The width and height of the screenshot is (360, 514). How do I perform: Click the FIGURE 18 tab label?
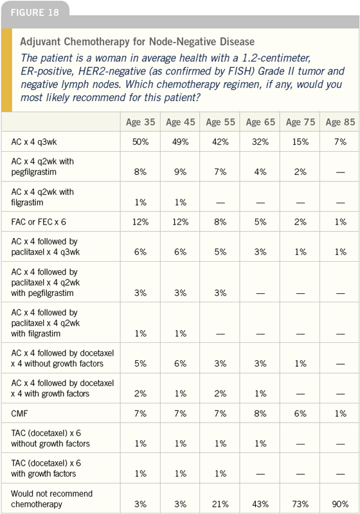coord(35,12)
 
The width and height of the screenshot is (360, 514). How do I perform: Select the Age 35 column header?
coord(141,122)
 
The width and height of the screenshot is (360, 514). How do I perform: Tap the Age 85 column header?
coord(340,122)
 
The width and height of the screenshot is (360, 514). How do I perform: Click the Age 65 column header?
coord(260,122)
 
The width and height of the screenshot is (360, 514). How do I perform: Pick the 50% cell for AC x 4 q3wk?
coord(141,142)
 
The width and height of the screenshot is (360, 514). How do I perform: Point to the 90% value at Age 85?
coord(340,504)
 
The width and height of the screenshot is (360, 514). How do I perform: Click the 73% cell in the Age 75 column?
coord(300,504)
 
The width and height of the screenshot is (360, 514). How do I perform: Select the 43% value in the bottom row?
coord(260,504)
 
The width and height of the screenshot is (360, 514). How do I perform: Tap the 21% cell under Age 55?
coord(221,504)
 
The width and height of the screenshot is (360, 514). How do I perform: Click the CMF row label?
coord(19,414)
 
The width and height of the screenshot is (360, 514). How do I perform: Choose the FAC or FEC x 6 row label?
coord(39,222)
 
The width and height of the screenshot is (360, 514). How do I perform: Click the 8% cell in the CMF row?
coord(260,414)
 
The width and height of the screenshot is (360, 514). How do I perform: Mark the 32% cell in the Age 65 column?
coord(260,142)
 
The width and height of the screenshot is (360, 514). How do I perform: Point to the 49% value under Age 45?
coord(181,142)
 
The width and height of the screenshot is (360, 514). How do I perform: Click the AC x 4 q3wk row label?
coord(33,142)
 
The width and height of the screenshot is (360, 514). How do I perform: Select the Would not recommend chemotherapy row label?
coord(52,499)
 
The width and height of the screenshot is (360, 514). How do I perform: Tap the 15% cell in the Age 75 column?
coord(300,142)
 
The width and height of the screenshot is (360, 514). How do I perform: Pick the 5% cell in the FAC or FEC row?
coord(260,222)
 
